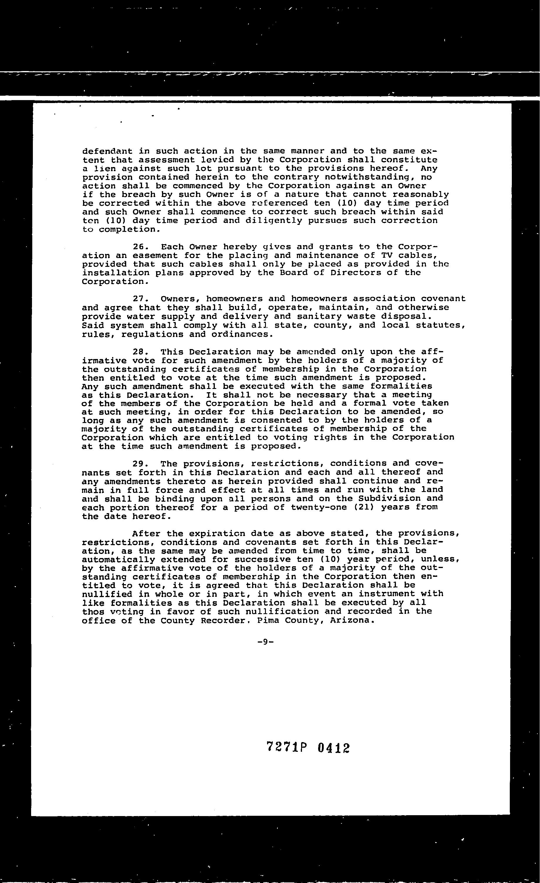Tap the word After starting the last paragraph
146,534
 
